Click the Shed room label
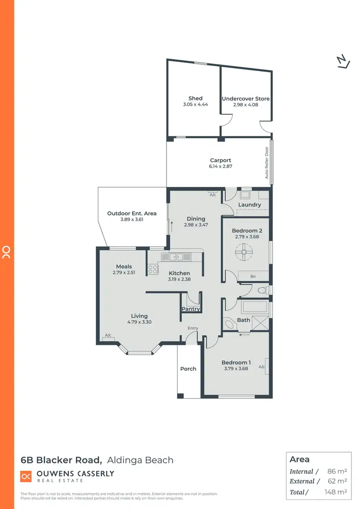[x=195, y=98]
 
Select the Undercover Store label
[x=245, y=98]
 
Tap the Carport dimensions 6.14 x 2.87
[x=220, y=166]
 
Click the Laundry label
[x=250, y=205]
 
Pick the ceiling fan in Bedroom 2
[x=244, y=252]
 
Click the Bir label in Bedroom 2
[x=253, y=277]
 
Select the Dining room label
[x=196, y=219]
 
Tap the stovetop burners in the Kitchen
[x=153, y=269]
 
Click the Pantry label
[x=191, y=309]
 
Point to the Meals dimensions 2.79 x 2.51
[x=124, y=273]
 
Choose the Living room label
[x=139, y=316]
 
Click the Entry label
[x=192, y=328]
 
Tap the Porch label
[x=188, y=369]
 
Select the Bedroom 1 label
[x=236, y=363]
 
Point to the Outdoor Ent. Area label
[x=125, y=213]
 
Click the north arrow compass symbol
[x=342, y=62]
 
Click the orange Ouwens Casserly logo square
[x=26, y=476]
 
